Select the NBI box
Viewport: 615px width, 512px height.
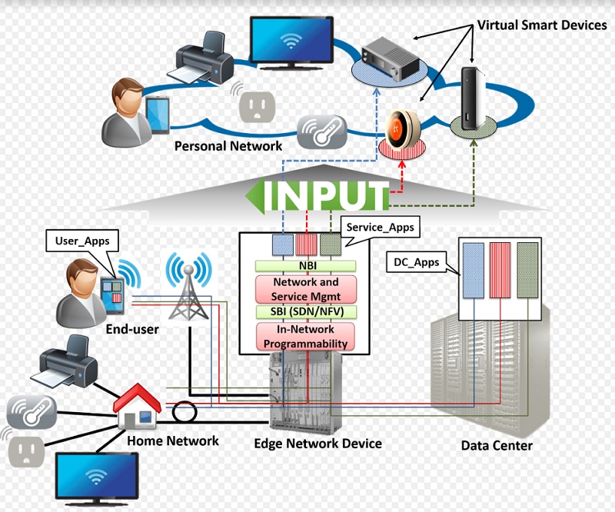pos(307,265)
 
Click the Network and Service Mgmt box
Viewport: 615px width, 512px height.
pos(307,290)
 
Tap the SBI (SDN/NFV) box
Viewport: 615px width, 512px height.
pos(307,311)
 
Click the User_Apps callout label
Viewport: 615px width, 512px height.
pos(82,241)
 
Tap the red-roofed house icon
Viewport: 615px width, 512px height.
pos(138,411)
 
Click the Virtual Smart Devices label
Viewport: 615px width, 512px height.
pos(542,25)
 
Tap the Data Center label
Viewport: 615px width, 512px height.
pos(497,445)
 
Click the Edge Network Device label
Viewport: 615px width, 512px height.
pos(317,444)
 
